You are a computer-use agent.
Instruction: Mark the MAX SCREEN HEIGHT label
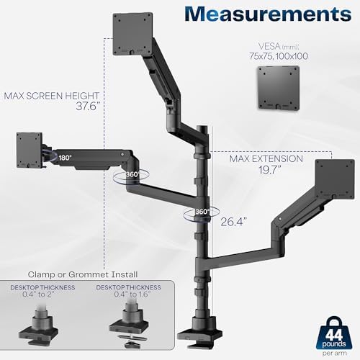click(51, 95)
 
